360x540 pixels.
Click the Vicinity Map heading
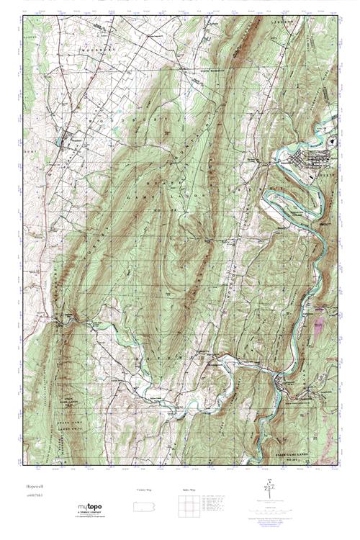pyautogui.click(x=145, y=490)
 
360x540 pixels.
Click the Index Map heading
pyautogui.click(x=186, y=490)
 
